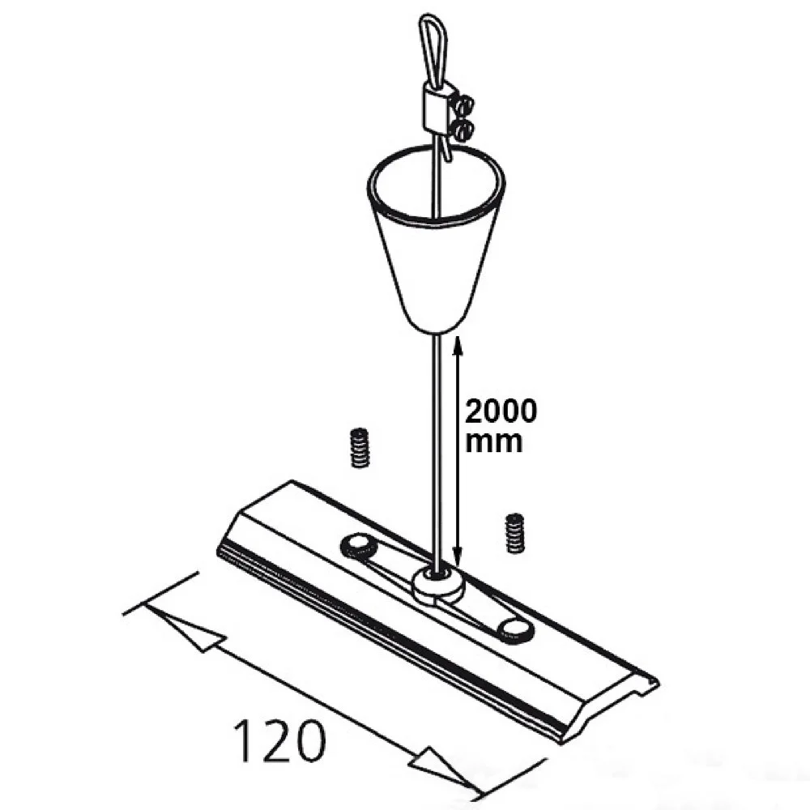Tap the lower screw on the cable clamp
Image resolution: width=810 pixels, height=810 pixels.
(x=463, y=129)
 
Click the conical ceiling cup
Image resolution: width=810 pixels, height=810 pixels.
(x=436, y=269)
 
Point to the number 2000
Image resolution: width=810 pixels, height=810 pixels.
(x=501, y=411)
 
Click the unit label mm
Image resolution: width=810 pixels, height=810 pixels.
(x=493, y=442)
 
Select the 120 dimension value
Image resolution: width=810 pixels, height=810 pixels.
(x=280, y=741)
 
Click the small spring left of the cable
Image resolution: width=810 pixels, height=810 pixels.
(x=360, y=448)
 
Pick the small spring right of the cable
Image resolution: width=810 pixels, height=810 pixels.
(x=514, y=533)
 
